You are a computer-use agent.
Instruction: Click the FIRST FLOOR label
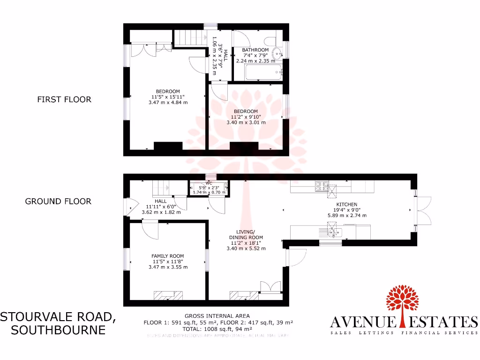[64, 99]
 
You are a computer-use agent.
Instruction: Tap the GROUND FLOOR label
[58, 201]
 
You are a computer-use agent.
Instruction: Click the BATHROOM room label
[255, 50]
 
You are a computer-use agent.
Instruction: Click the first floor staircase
[189, 37]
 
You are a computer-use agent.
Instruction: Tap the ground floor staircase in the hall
[162, 188]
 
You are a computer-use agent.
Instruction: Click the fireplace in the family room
[168, 295]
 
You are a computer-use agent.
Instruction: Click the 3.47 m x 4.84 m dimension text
[168, 102]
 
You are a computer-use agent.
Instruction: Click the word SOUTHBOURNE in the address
[58, 330]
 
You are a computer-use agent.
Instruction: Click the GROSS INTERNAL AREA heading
[217, 316]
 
